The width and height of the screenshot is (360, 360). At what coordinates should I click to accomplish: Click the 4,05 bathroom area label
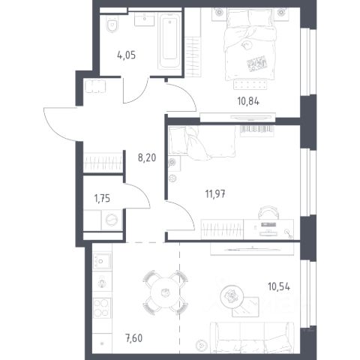(126, 55)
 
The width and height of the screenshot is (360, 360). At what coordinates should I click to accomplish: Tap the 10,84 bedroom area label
(248, 101)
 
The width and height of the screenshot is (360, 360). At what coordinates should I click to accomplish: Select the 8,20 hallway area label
(147, 157)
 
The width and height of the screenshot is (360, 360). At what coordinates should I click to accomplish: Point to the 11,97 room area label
(215, 193)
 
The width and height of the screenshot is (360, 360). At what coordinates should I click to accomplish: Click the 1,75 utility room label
(102, 199)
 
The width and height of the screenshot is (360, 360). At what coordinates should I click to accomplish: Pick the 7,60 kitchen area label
(133, 338)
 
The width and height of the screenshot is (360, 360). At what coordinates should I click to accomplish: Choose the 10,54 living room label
(279, 286)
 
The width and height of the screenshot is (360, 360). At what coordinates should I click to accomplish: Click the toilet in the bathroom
(112, 24)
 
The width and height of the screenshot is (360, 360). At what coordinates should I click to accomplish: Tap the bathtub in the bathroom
(169, 40)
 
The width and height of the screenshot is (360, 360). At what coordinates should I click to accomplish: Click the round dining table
(165, 292)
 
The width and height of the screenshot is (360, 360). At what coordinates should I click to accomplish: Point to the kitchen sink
(101, 261)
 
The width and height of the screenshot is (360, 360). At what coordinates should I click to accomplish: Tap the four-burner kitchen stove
(101, 307)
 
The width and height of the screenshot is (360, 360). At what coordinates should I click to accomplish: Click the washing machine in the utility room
(112, 220)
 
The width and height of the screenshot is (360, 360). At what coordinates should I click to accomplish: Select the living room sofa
(252, 337)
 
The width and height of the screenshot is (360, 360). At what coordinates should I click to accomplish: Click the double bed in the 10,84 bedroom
(250, 44)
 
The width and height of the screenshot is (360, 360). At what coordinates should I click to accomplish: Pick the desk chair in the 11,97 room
(268, 212)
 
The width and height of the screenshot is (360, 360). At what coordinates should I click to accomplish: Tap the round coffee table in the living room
(232, 296)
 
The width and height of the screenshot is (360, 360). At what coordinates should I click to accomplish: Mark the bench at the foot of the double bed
(250, 84)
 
